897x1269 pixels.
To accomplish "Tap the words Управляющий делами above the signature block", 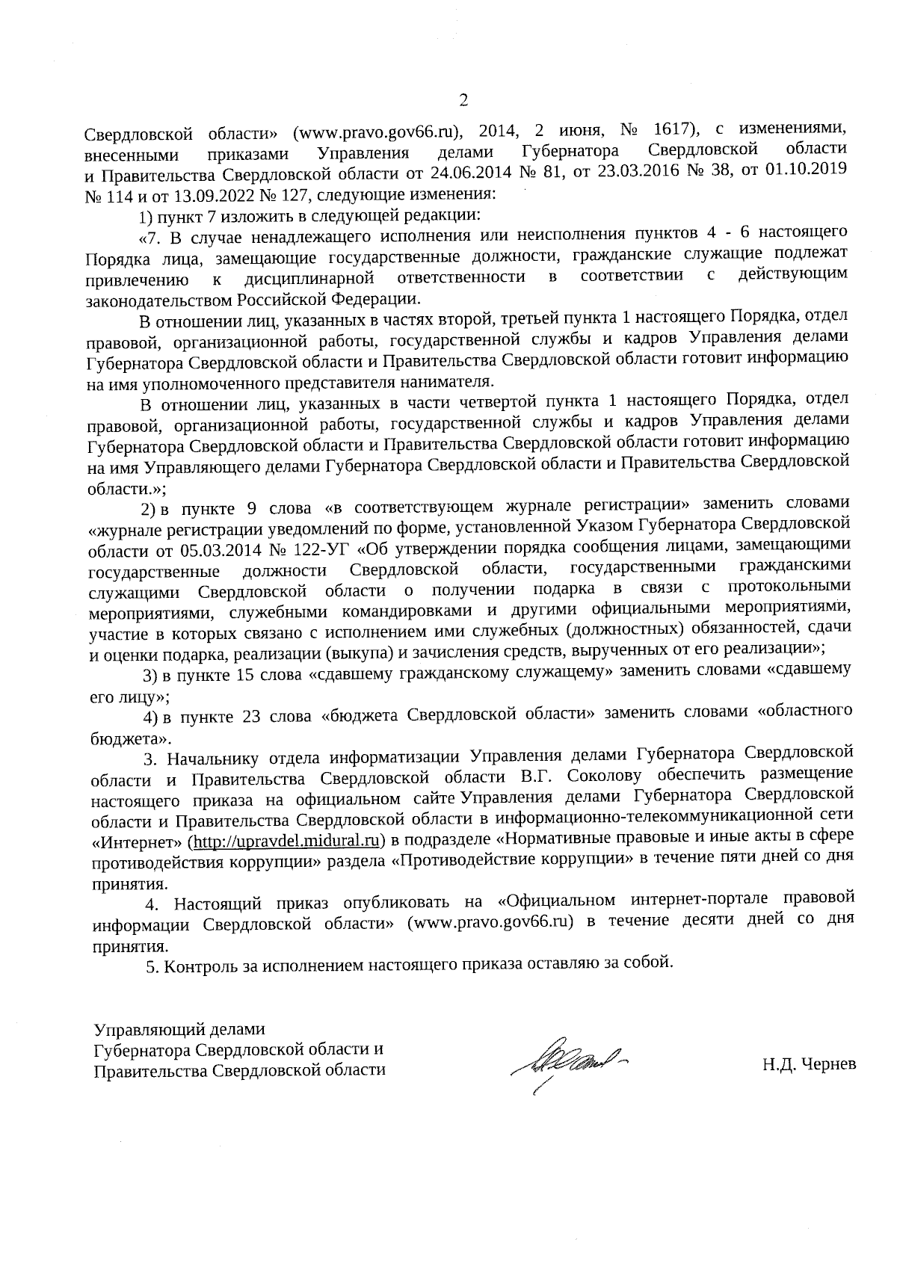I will tap(178, 1028).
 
